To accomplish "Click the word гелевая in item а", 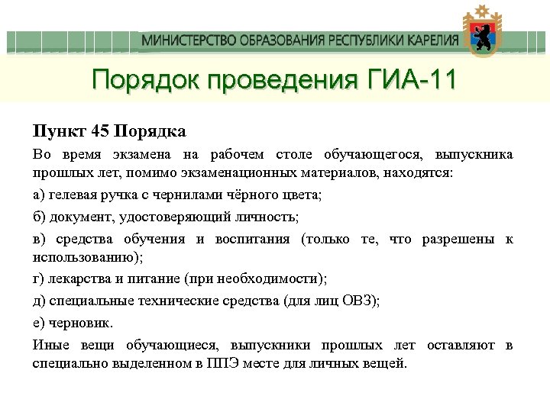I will pos(70,195).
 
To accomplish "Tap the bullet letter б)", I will pos(39,217).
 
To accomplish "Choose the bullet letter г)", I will pos(38,278).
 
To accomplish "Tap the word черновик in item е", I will pos(79,323).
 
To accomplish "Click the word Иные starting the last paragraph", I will pos(51,345).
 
